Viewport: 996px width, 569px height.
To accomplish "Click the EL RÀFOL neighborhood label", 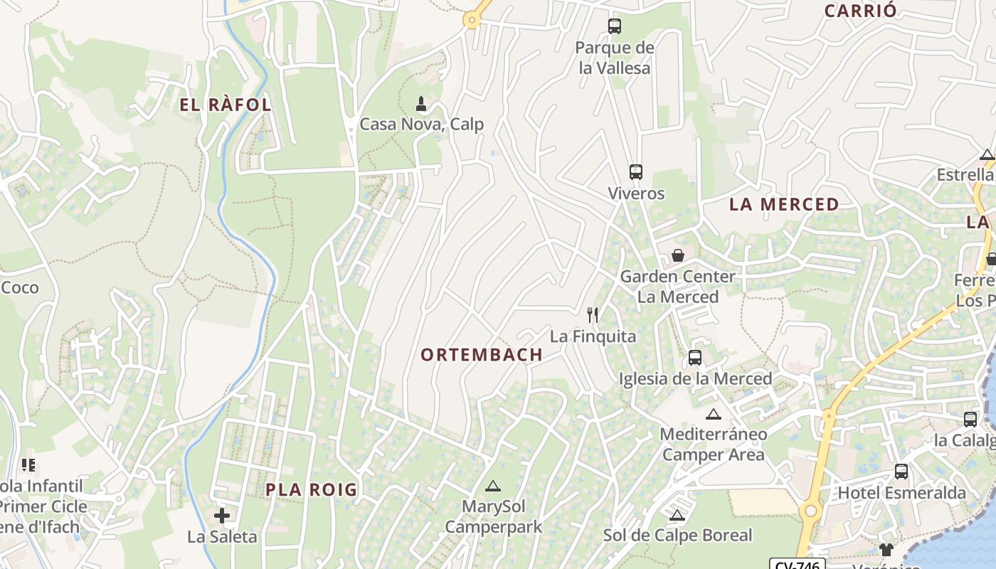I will tap(225, 105).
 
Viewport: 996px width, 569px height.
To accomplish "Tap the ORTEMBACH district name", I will tap(482, 355).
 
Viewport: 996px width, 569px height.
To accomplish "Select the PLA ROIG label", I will tap(311, 489).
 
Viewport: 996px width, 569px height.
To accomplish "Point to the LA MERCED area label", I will tap(784, 205).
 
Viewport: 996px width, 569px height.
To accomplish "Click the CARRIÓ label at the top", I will tap(860, 11).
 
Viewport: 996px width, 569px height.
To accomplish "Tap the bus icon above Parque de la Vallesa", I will tap(614, 26).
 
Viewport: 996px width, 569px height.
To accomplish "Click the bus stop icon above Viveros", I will tap(635, 172).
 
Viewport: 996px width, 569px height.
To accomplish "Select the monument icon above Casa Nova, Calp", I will tap(421, 104).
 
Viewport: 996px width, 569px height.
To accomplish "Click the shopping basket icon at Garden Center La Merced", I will tap(678, 255).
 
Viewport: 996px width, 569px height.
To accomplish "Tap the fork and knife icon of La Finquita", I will tap(592, 314).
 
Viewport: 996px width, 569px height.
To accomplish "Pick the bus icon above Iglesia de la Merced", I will tap(695, 358).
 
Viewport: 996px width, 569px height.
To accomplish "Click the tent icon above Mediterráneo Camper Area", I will tap(714, 414).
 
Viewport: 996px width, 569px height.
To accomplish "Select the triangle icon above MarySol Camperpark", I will tap(492, 486).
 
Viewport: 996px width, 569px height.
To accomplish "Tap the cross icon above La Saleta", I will tap(222, 516).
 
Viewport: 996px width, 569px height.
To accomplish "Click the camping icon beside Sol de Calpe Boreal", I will tap(677, 515).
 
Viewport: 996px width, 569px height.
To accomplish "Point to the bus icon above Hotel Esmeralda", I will tap(901, 472).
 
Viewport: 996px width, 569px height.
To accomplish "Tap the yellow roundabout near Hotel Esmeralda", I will tap(810, 511).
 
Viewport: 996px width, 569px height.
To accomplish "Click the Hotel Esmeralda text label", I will tap(901, 493).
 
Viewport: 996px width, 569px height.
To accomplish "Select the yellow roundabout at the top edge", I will tap(471, 20).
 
